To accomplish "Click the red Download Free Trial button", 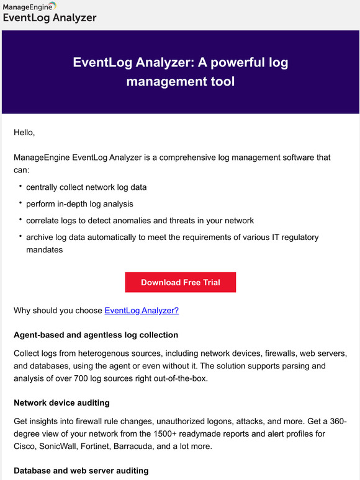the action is tap(180, 282).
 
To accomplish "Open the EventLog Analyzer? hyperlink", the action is tap(142, 310).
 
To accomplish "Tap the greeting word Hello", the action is tap(24, 132).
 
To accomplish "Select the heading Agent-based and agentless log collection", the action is tap(96, 335).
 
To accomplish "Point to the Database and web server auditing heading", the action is tap(81, 470).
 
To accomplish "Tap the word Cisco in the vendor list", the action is tap(25, 446).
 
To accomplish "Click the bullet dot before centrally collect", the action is tap(20, 186).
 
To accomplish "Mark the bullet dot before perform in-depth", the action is tap(20, 203).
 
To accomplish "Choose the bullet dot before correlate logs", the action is tap(20, 220).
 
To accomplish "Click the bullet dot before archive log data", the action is tap(20, 236).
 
